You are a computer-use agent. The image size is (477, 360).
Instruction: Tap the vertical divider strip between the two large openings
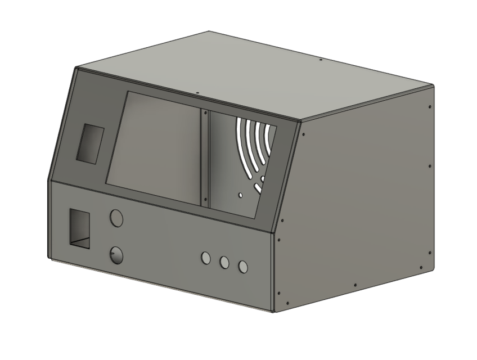205,159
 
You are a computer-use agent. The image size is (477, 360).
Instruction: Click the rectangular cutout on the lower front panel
80,228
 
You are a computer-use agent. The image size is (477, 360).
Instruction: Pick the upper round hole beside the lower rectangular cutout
116,218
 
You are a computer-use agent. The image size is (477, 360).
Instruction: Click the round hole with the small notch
116,255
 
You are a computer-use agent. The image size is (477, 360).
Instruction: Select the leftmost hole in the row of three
206,258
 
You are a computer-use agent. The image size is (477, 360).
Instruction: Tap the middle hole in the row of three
224,262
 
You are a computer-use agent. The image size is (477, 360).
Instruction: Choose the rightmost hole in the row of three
243,267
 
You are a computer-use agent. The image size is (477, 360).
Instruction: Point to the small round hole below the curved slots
240,195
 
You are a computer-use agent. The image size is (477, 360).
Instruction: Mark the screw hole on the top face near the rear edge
320,59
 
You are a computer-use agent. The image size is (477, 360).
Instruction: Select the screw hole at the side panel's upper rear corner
430,106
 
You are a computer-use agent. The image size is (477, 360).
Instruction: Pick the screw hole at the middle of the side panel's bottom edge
355,283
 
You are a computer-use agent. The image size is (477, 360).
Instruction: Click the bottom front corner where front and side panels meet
273,311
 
